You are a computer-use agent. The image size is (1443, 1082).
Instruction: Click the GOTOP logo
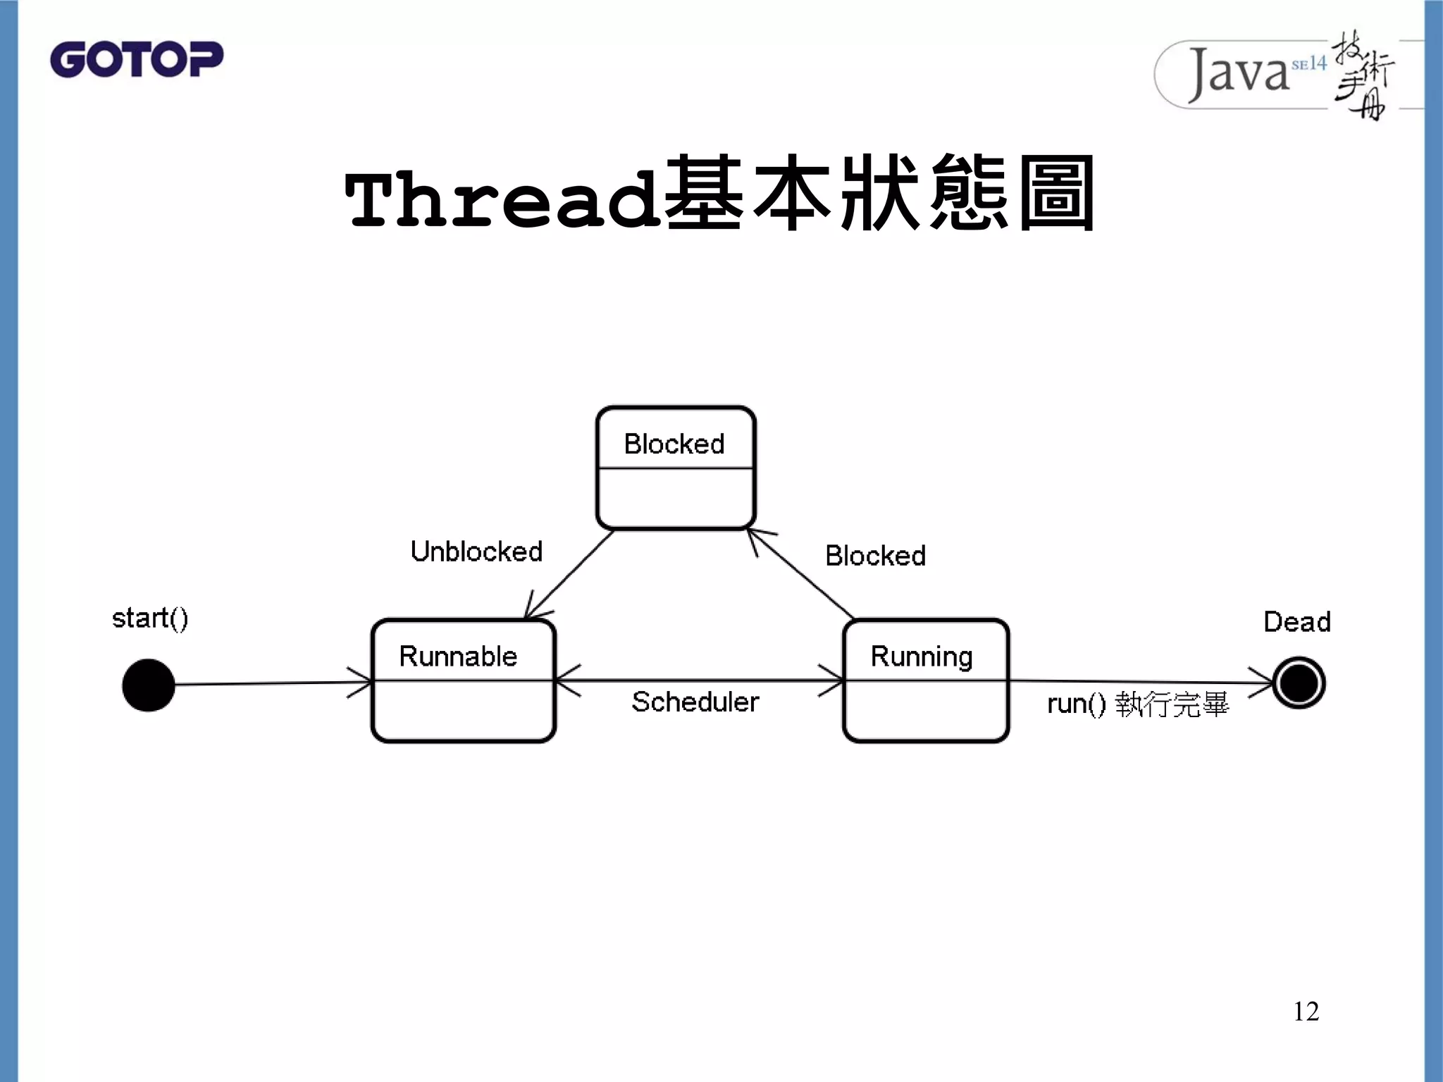coord(136,59)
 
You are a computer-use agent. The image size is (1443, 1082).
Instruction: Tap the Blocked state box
coord(676,468)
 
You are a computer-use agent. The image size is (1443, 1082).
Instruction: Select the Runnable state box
coord(463,680)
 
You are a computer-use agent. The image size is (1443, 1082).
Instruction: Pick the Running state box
coord(926,680)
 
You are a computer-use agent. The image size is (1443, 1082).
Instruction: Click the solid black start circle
coord(148,685)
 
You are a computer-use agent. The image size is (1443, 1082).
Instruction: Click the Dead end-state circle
coord(1299,683)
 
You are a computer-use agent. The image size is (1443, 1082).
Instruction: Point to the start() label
coord(150,618)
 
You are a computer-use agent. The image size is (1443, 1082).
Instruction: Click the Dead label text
coord(1296,622)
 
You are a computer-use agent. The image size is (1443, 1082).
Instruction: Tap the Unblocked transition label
coord(476,552)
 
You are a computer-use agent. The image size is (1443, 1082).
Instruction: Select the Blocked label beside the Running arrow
coord(875,556)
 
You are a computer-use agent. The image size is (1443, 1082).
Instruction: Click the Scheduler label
coord(695,702)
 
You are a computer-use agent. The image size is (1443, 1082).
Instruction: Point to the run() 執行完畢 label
coord(1137,704)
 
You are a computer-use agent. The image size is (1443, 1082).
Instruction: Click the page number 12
coord(1306,1012)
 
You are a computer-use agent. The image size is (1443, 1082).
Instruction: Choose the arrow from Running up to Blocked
coord(801,574)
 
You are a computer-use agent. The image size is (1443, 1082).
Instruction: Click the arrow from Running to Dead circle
coord(1141,681)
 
